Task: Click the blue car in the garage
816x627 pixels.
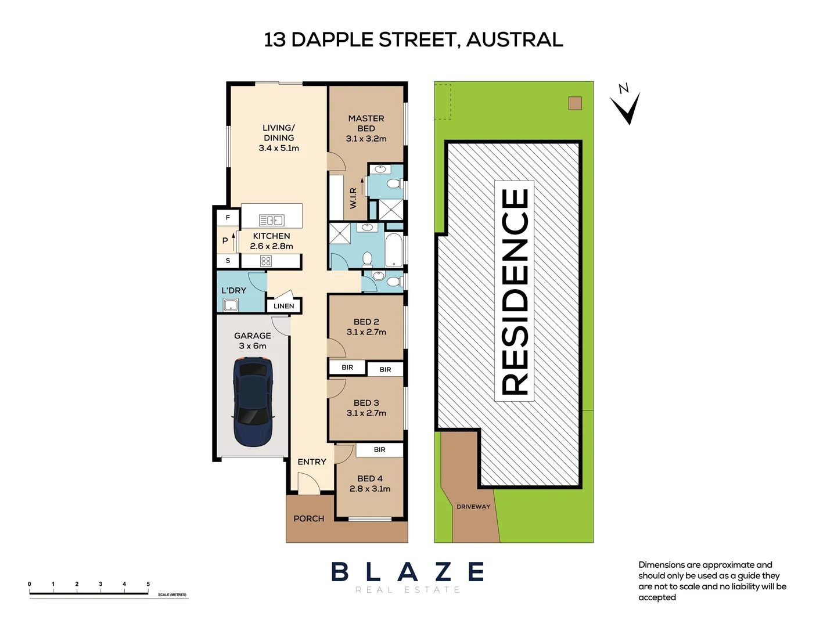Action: point(253,402)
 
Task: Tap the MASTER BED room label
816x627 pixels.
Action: point(366,123)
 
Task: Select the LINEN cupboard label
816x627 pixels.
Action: point(283,306)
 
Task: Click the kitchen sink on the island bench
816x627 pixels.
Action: point(271,220)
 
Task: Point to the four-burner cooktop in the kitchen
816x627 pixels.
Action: point(266,261)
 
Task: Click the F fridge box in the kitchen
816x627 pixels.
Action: point(228,218)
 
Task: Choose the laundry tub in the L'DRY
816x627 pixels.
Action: point(231,305)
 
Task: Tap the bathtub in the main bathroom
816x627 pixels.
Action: point(394,250)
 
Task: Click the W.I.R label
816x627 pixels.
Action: point(353,198)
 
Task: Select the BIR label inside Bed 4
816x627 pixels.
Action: point(379,449)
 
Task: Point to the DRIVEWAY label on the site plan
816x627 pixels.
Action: point(473,507)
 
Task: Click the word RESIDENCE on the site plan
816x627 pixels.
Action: point(514,291)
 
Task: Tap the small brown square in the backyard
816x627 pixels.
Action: point(575,103)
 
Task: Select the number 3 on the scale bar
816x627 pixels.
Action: point(100,584)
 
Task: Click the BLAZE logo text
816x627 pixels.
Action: point(408,572)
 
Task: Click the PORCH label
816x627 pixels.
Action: point(308,518)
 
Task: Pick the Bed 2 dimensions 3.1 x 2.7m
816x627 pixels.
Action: point(366,332)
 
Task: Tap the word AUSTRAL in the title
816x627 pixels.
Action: point(514,39)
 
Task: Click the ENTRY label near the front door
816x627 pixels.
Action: point(312,462)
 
